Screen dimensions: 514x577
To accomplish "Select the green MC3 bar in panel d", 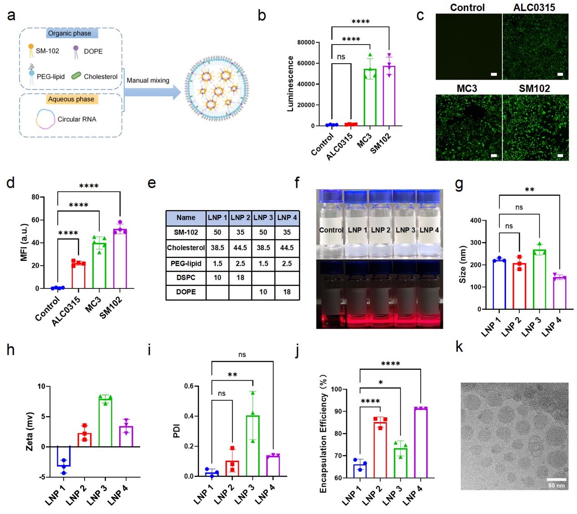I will (100, 266).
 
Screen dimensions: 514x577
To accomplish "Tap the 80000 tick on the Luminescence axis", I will (306, 42).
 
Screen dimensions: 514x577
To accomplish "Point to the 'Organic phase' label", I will (70, 33).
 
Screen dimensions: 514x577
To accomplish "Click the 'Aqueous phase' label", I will (71, 99).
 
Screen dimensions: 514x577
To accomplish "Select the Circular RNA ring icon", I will (45, 119).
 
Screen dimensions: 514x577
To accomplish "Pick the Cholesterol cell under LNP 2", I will (240, 247).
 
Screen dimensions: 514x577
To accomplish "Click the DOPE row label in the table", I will (186, 292).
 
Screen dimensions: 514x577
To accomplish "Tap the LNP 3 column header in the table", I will (263, 217).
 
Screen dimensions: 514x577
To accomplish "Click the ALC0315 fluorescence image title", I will (534, 7).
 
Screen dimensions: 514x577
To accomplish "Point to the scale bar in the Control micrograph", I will (494, 74).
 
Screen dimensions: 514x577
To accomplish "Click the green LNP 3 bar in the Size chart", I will (539, 279).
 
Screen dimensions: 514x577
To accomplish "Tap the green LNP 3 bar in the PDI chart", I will (253, 446).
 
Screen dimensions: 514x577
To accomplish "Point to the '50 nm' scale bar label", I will (557, 485).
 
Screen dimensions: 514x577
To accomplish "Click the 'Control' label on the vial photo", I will (331, 230).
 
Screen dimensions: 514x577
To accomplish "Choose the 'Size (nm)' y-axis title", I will (463, 264).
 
